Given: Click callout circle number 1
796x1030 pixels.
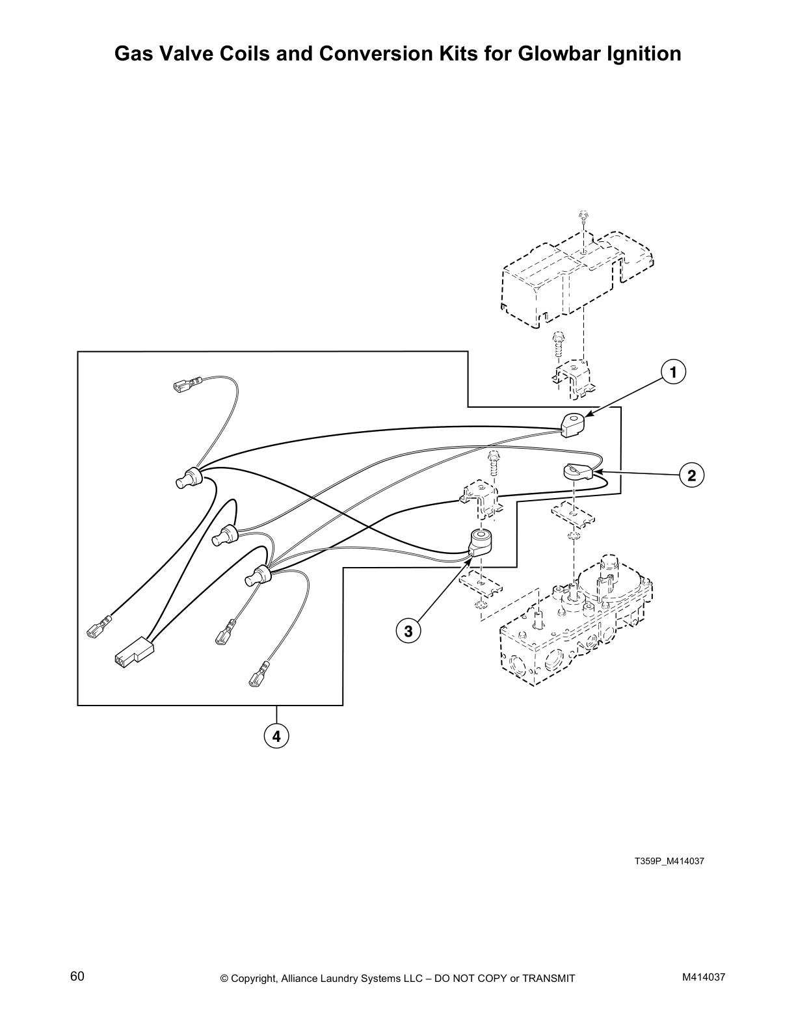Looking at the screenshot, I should tap(674, 373).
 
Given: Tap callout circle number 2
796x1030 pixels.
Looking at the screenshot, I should tap(691, 475).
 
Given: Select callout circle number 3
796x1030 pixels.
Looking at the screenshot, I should tap(408, 631).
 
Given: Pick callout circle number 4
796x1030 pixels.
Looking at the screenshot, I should tap(276, 736).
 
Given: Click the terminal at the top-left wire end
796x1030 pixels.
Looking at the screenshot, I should tap(183, 387).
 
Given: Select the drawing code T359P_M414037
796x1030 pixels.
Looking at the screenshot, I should tap(669, 862).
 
